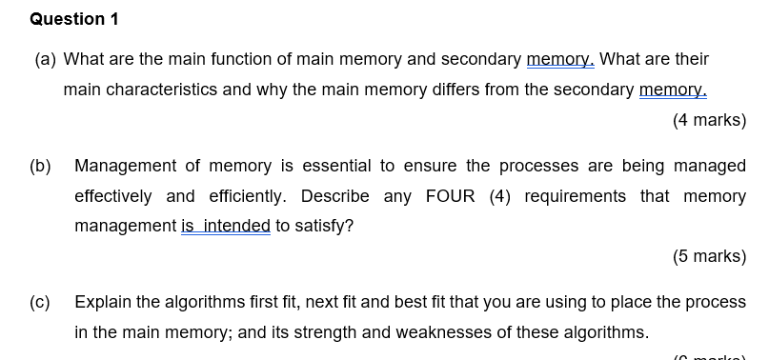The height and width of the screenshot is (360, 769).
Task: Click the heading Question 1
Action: (x=68, y=19)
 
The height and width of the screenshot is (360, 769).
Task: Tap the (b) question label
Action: (x=40, y=166)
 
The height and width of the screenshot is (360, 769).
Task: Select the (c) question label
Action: (x=40, y=302)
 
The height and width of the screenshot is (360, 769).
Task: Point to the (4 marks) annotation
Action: (x=709, y=120)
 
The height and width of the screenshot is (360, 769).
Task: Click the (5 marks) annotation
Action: (x=709, y=256)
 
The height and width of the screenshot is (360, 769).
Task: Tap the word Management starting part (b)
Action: (x=124, y=166)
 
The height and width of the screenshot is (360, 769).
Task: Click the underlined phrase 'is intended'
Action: (x=226, y=227)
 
